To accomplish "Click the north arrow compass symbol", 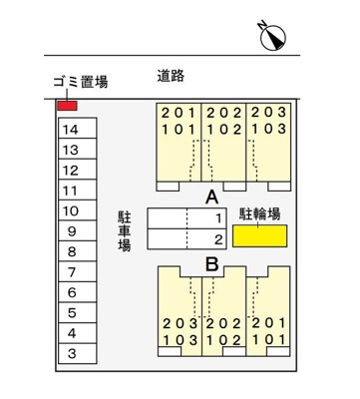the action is [x=273, y=36].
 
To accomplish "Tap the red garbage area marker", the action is [x=67, y=106].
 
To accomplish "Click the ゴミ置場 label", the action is [x=80, y=84].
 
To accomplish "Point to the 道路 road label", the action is [x=173, y=75].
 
